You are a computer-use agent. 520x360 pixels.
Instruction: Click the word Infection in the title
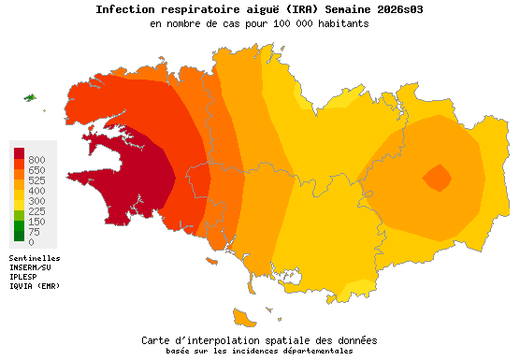tap(127, 9)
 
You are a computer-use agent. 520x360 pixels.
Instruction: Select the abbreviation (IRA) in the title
tap(297, 9)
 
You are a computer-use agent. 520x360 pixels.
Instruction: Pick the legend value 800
tap(36, 160)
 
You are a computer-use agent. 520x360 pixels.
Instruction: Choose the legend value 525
tap(36, 180)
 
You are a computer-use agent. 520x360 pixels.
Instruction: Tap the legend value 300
tap(36, 201)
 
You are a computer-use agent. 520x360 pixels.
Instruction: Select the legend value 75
tap(34, 232)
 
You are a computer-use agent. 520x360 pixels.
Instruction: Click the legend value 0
tap(31, 242)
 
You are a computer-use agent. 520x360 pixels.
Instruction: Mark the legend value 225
tap(36, 211)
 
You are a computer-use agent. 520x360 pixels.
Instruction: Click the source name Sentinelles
tap(35, 257)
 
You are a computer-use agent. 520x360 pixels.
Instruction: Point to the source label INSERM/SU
tap(31, 266)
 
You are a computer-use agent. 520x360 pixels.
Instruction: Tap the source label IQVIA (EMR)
tap(35, 285)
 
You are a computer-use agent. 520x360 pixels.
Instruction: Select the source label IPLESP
tap(23, 276)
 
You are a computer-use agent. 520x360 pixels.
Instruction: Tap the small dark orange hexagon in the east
tap(436, 176)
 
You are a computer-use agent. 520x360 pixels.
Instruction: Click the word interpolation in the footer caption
tap(215, 340)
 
